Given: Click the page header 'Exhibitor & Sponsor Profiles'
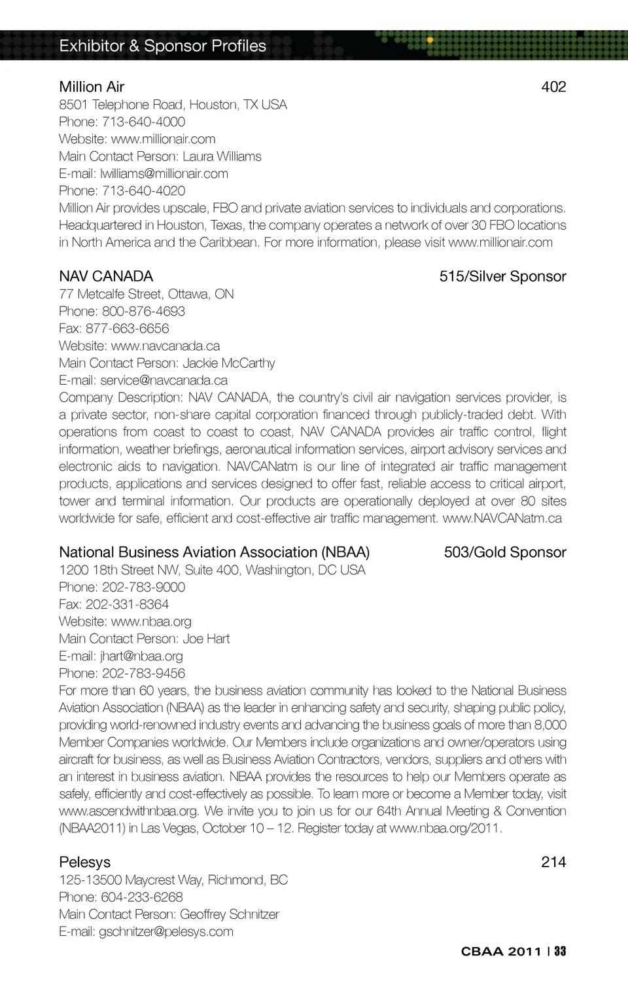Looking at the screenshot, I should [x=162, y=46].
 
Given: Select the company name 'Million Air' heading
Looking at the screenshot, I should [x=92, y=87].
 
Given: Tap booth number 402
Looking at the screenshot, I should [x=553, y=87].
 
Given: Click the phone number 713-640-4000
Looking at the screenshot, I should [x=143, y=122].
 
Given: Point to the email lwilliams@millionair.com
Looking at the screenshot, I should [x=164, y=173].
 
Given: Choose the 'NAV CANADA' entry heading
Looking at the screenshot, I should [x=106, y=276].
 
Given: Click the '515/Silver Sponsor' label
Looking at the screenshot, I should [x=502, y=276].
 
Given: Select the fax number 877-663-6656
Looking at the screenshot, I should [x=127, y=329].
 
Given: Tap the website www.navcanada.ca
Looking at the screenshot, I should [x=165, y=346].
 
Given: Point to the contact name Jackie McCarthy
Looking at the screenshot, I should [x=228, y=363].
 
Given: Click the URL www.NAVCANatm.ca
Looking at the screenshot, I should [x=502, y=518].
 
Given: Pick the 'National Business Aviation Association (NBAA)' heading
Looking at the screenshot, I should [x=214, y=552].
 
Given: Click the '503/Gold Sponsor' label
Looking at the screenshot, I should [x=504, y=552].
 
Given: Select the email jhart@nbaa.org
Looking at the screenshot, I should [x=141, y=656].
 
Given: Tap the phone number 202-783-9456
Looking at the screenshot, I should [x=143, y=673].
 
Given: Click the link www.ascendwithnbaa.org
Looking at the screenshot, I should [x=128, y=811].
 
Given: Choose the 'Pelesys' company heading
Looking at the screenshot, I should [x=84, y=862].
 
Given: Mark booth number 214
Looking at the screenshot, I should [x=553, y=862].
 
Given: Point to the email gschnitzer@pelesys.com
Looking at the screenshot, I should [x=166, y=931].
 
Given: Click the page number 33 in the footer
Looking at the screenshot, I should [x=560, y=952].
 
